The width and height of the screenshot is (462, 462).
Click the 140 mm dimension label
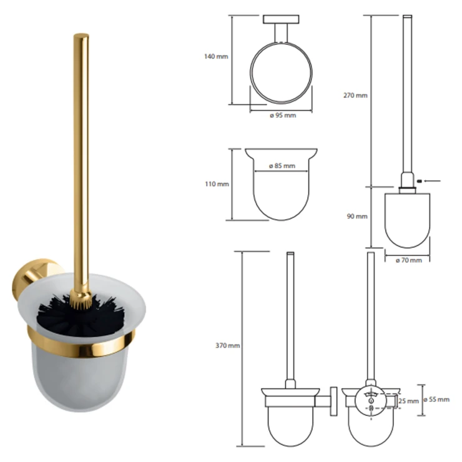click(x=216, y=56)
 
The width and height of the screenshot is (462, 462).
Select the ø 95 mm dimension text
click(x=283, y=115)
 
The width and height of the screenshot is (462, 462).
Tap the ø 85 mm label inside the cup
click(x=282, y=166)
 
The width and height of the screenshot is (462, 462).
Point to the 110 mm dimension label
click(x=217, y=184)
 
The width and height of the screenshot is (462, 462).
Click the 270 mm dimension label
click(x=355, y=95)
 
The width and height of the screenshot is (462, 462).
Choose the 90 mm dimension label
click(x=357, y=216)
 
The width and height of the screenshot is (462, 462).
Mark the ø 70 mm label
click(x=409, y=260)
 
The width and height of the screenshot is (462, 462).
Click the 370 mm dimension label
click(x=227, y=345)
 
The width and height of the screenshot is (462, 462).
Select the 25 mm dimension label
click(x=408, y=401)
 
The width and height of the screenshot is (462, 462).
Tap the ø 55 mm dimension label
click(x=436, y=400)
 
